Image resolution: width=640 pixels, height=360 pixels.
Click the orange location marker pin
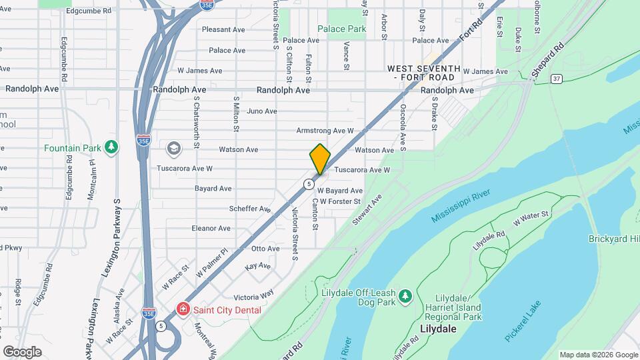[x=320, y=159]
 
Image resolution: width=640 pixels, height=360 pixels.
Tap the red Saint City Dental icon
[x=181, y=310]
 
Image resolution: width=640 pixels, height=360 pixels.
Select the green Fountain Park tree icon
[x=113, y=146]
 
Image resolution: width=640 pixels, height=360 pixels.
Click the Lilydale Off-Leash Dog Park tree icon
[x=405, y=295]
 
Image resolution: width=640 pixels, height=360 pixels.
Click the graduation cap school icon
[x=174, y=148]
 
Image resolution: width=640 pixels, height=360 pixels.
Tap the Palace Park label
[x=341, y=29]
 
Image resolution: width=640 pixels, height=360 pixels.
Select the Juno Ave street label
[x=261, y=111]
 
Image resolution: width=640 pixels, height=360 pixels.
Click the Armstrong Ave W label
[x=325, y=131]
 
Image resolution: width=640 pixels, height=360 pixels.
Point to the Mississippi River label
[x=461, y=206]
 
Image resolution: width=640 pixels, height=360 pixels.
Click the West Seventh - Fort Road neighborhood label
[x=424, y=73]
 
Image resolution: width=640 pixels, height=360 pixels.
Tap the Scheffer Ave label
[x=249, y=209]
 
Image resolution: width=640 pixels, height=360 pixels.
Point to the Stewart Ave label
[x=367, y=209]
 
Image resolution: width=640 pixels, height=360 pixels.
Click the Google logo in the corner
[x=23, y=351]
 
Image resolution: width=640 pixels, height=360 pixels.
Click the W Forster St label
[x=340, y=201]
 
